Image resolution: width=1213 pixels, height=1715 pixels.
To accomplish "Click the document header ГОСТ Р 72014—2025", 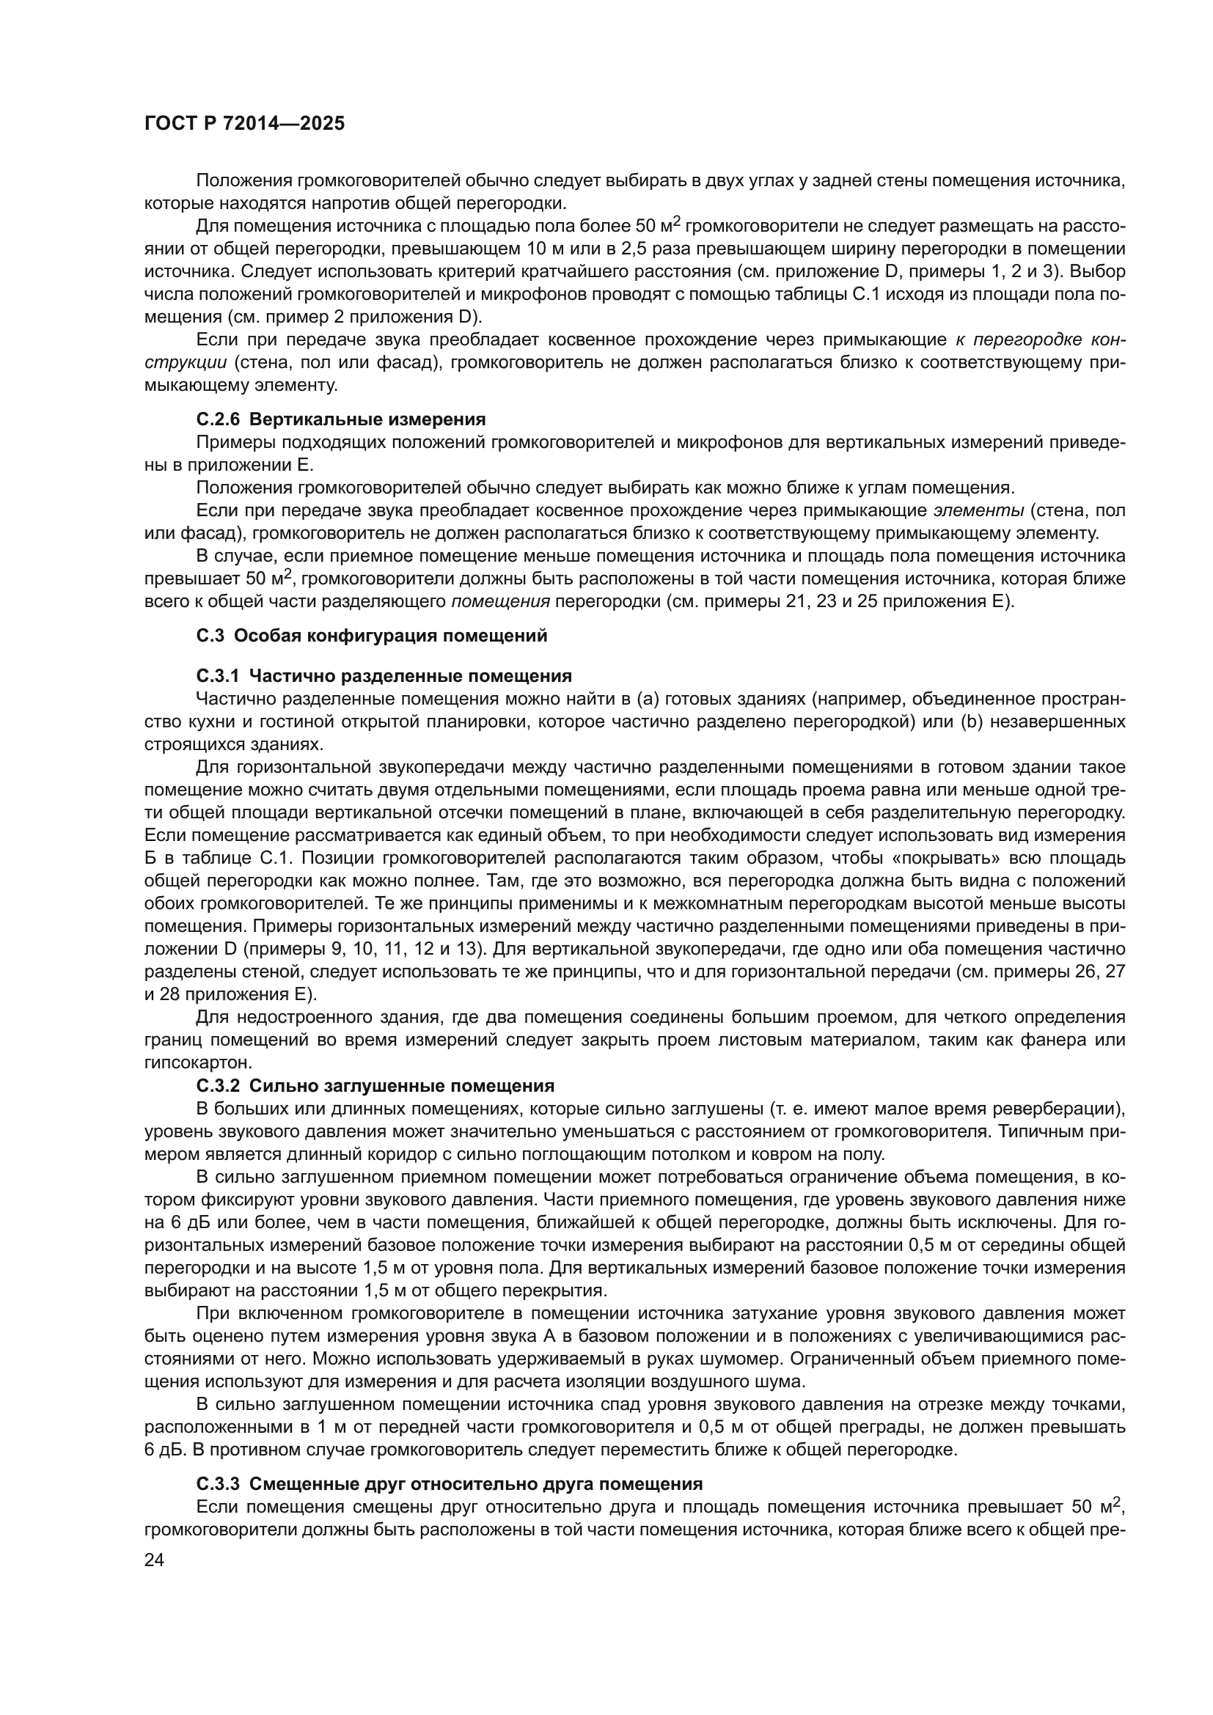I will (244, 124).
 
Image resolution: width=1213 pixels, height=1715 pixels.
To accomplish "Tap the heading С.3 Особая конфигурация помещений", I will (371, 636).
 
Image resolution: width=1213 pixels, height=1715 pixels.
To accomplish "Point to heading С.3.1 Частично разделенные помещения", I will (384, 676).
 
